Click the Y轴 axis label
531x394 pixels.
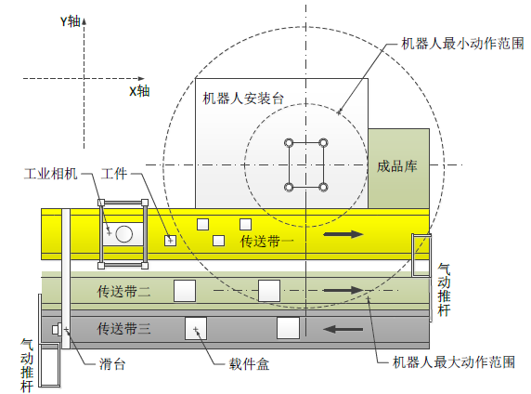pyautogui.click(x=71, y=21)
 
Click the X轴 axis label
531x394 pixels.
pyautogui.click(x=139, y=91)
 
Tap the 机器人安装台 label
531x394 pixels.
pyautogui.click(x=243, y=98)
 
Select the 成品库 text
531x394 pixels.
pyautogui.click(x=397, y=166)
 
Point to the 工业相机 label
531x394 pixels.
pyautogui.click(x=51, y=174)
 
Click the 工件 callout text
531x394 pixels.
pyautogui.click(x=114, y=174)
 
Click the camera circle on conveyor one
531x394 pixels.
pyautogui.click(x=124, y=234)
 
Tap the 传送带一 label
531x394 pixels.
pyautogui.click(x=267, y=242)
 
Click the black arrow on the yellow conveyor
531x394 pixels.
pyautogui.click(x=343, y=234)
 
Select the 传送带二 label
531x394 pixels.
pyautogui.click(x=124, y=291)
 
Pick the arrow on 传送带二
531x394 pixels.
pyautogui.click(x=343, y=290)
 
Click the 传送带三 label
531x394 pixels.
pyautogui.click(x=124, y=329)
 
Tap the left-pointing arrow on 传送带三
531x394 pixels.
pyautogui.click(x=343, y=329)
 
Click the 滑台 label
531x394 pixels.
pyautogui.click(x=112, y=364)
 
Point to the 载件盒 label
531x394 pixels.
pyautogui.click(x=249, y=364)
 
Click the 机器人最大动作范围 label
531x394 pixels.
pyautogui.click(x=454, y=362)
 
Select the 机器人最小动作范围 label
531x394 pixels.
pyautogui.click(x=462, y=44)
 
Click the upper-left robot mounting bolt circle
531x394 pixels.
pyautogui.click(x=289, y=143)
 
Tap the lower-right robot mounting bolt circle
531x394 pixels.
pyautogui.click(x=323, y=187)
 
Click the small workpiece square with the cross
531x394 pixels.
pyautogui.click(x=170, y=241)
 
